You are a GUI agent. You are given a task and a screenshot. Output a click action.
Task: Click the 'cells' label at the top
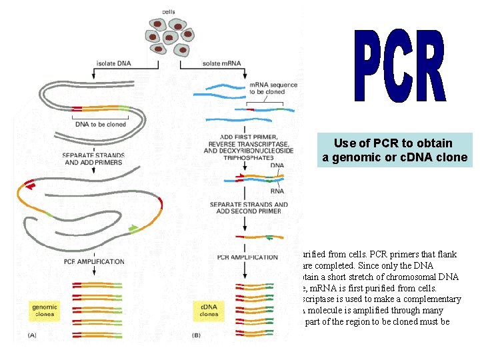(x=169, y=11)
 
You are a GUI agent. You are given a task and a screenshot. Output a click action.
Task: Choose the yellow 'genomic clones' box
(x=45, y=309)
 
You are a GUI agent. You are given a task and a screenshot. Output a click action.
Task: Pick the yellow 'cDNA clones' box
(x=209, y=309)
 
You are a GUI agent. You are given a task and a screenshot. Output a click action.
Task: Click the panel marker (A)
(x=33, y=335)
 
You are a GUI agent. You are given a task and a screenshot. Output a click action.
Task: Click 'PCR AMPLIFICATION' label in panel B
(x=247, y=257)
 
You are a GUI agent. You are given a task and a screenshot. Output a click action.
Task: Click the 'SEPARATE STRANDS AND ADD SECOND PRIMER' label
(x=248, y=208)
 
